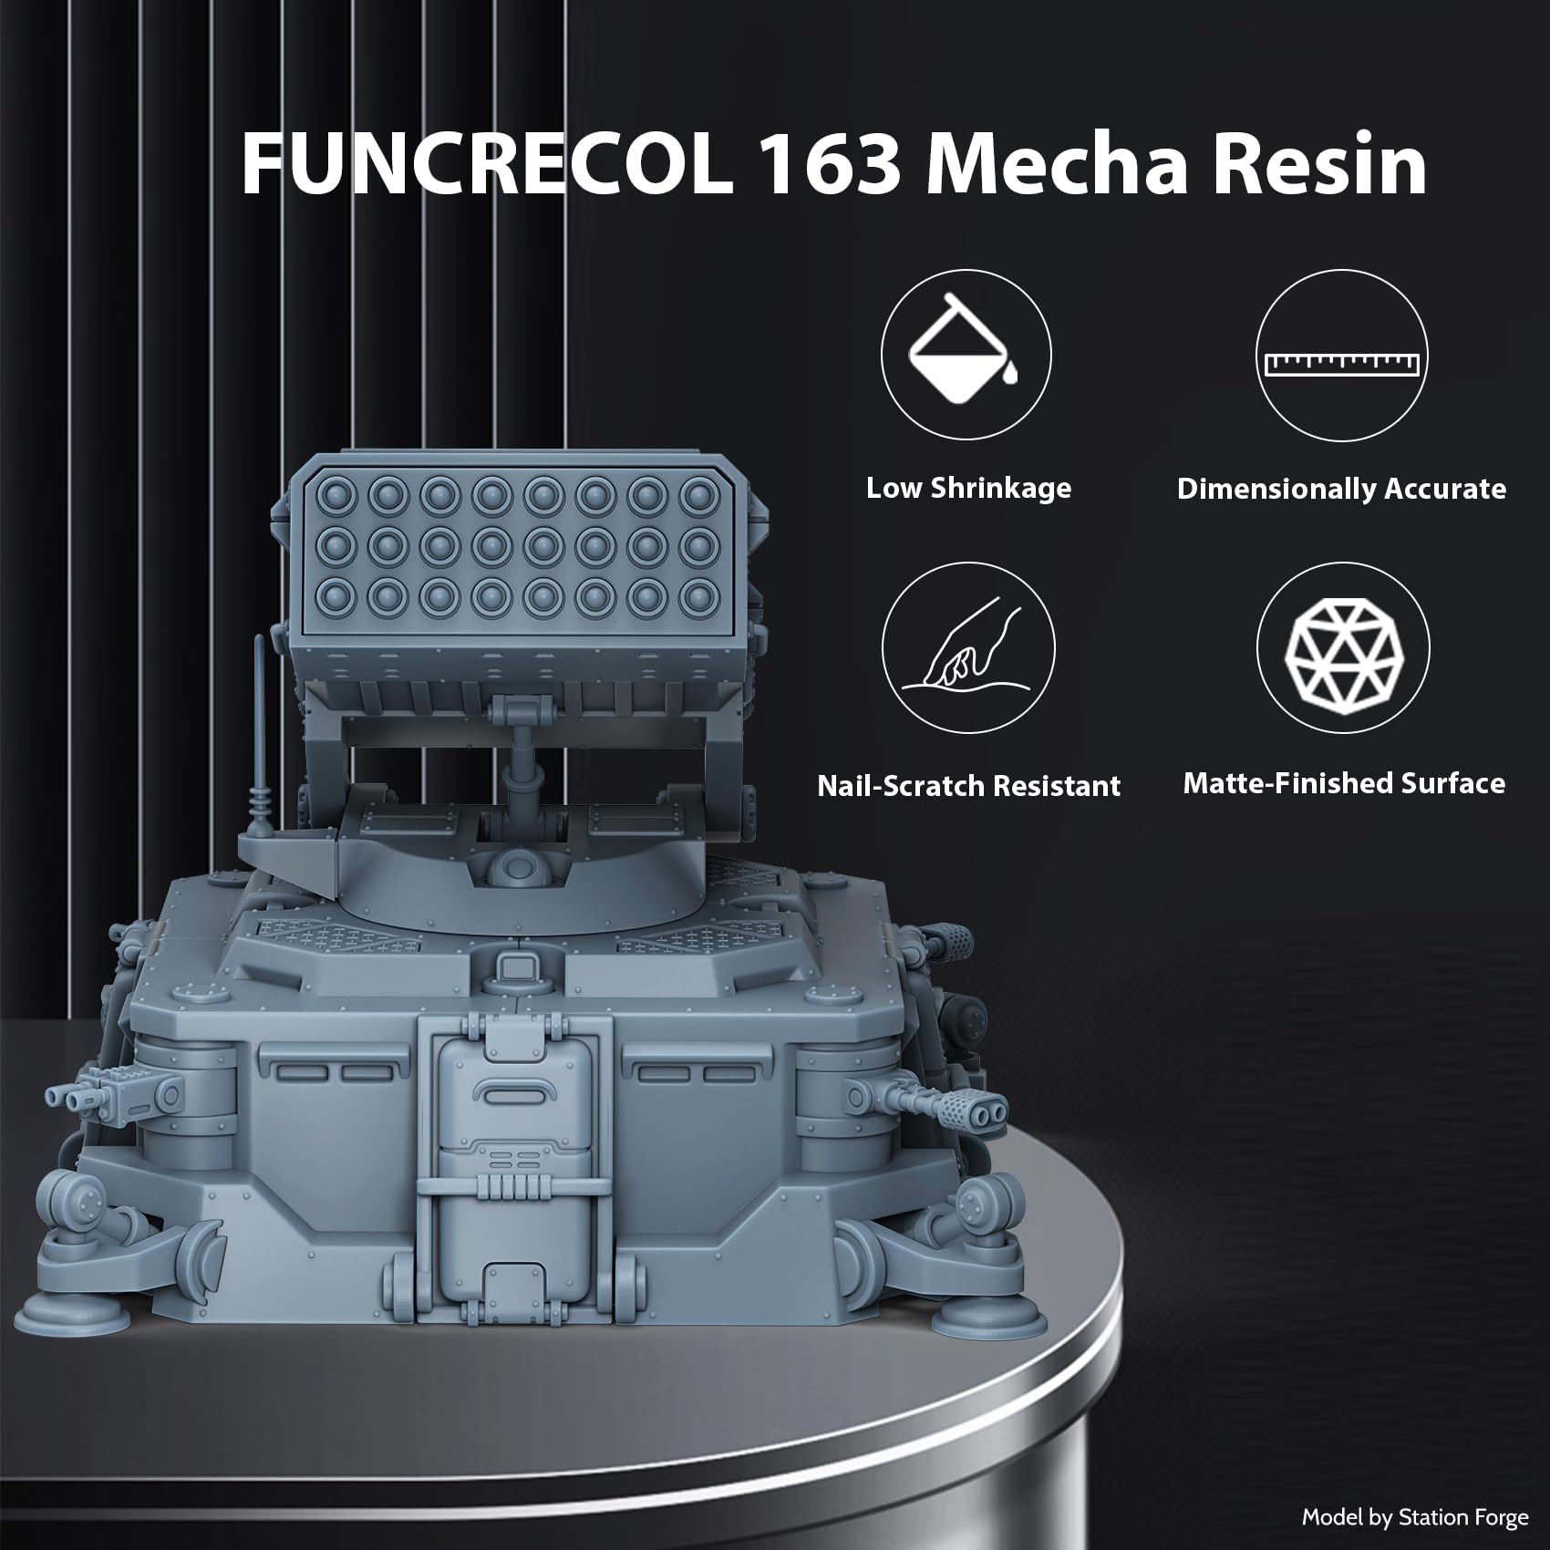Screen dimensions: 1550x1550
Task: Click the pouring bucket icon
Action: (x=966, y=355)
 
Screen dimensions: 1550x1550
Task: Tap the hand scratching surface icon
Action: (x=968, y=650)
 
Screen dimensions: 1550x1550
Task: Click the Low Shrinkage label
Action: (x=968, y=488)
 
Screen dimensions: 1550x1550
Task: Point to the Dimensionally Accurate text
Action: (x=1341, y=489)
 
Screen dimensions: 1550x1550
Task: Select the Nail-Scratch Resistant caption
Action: (x=968, y=785)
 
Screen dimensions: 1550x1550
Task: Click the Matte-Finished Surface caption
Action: (x=1344, y=782)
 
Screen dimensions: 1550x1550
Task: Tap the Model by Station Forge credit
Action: (x=1414, y=1517)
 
